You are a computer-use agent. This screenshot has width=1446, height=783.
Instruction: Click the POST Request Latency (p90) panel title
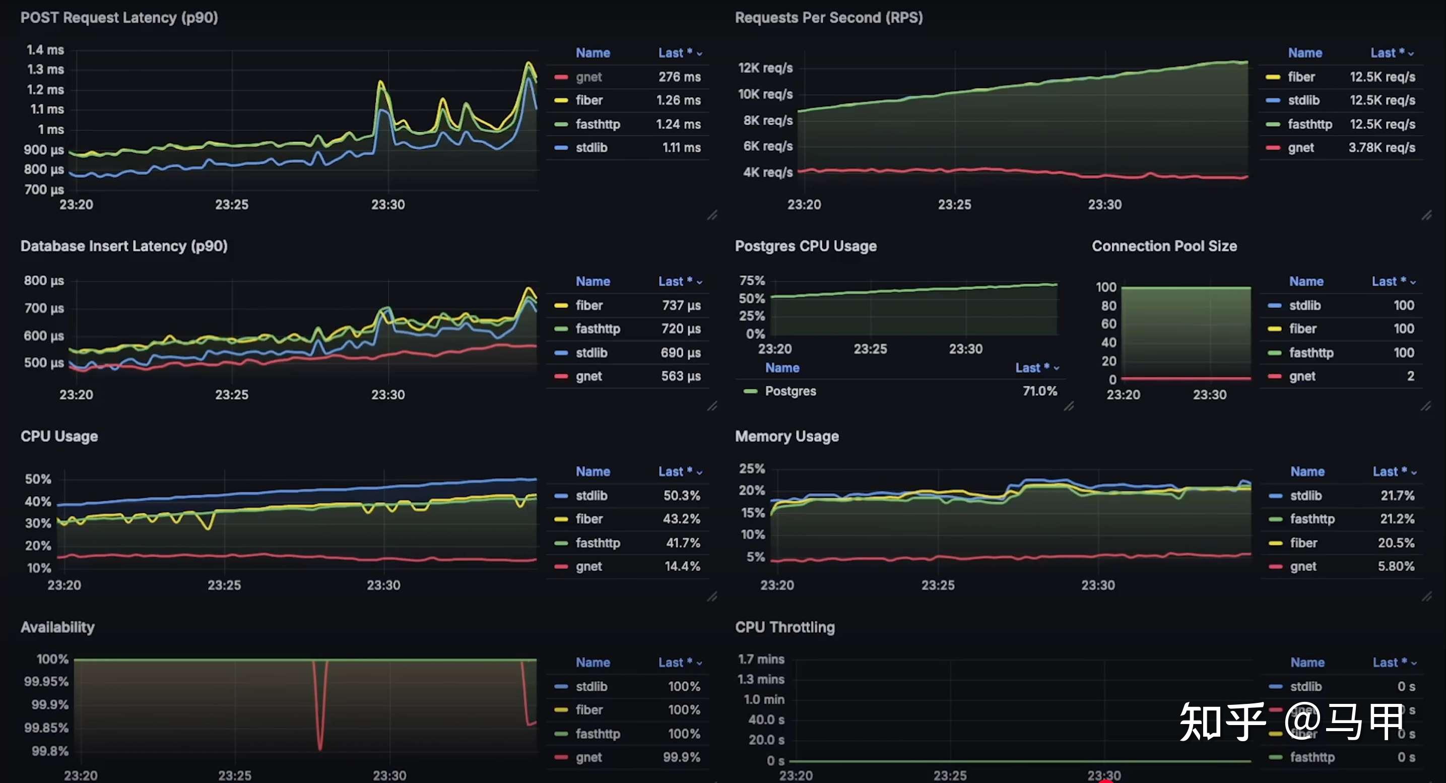click(119, 18)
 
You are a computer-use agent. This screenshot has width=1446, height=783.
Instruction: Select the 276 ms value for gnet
click(679, 77)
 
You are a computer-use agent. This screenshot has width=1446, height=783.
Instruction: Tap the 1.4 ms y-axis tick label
click(45, 50)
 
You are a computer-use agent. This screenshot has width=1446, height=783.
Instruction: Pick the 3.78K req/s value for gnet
click(1382, 148)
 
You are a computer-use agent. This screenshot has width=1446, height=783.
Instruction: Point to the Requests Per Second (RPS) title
click(828, 18)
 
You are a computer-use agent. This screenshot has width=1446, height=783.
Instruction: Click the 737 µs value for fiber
click(681, 305)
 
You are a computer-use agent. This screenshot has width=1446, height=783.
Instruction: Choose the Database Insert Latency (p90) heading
click(124, 246)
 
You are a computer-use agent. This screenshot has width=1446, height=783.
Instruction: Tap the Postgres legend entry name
click(791, 391)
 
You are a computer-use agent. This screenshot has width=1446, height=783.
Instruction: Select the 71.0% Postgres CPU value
click(1039, 391)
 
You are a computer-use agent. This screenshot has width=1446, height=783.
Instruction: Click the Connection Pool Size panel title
click(1164, 246)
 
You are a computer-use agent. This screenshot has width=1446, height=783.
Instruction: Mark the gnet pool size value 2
click(1410, 376)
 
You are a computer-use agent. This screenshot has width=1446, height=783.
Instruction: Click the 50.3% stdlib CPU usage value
click(682, 496)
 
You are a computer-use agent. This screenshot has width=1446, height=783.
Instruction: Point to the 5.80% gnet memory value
click(1396, 566)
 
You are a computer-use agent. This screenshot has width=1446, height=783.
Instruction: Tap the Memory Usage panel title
click(786, 436)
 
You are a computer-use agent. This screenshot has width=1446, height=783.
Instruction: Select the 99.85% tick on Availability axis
click(46, 728)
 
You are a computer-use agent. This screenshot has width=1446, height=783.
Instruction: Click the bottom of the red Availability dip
click(320, 747)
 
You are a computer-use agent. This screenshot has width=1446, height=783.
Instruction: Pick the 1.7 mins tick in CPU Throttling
click(761, 659)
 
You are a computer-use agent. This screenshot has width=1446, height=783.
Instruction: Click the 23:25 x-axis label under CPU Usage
click(224, 585)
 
